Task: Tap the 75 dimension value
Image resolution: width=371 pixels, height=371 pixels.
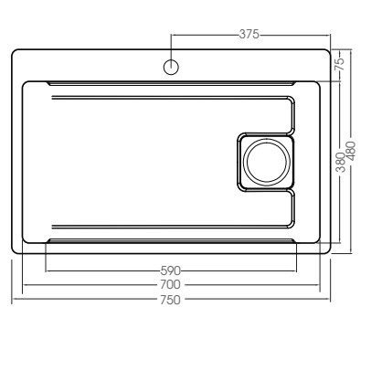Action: pos(338,65)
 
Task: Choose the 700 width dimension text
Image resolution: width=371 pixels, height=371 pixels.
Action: pos(171,285)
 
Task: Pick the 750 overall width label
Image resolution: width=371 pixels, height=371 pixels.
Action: pos(171,299)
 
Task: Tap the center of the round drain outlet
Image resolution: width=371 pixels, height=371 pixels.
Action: pos(266,162)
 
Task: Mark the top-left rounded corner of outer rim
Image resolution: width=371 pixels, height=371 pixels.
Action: pos(16,54)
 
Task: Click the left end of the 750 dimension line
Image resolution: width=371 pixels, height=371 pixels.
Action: pos(12,299)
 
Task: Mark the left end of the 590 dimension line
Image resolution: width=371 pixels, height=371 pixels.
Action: pos(46,270)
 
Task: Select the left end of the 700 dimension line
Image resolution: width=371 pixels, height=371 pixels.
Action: pos(22,285)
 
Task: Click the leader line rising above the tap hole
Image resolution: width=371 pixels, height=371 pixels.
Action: pos(171,46)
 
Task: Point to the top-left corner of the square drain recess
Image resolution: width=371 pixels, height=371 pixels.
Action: pos(240,137)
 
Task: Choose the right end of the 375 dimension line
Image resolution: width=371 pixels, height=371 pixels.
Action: pos(330,34)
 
